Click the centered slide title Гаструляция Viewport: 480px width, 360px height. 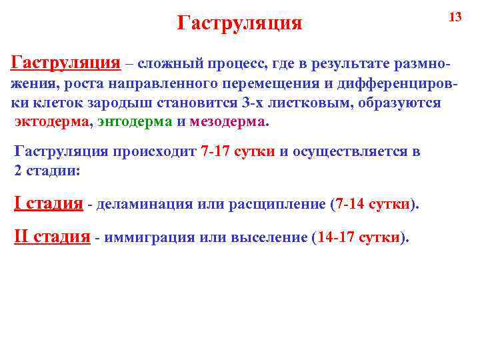click(240, 24)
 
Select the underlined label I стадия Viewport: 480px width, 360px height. click(49, 203)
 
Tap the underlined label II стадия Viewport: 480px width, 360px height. click(53, 237)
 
